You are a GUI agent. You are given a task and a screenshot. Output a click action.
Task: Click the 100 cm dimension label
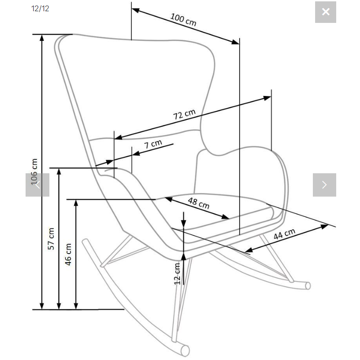183,19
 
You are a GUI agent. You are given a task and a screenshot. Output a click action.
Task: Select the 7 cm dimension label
153,145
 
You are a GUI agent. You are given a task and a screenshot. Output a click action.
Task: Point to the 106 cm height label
34,171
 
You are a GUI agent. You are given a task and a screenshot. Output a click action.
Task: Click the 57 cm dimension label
51,238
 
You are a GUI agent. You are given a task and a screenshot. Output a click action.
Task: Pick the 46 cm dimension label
68,254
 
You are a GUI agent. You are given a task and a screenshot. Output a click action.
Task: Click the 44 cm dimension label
284,234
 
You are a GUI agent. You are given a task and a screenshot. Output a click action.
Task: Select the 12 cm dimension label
177,273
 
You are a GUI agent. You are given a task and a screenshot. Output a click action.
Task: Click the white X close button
325,12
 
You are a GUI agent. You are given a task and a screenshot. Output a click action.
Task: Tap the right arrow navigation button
324,184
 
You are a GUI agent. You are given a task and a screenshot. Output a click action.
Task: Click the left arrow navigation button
37,184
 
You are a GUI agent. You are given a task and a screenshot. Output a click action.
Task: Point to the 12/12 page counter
40,9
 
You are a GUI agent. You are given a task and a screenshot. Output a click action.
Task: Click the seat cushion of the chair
224,215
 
